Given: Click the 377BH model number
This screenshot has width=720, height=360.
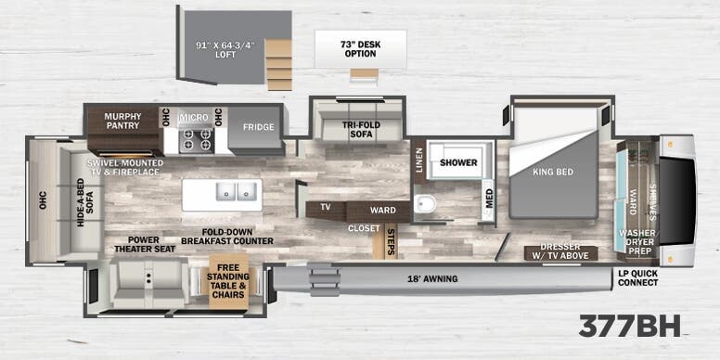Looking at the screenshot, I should point(629,326).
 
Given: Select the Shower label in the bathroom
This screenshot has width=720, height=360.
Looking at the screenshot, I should point(458,162).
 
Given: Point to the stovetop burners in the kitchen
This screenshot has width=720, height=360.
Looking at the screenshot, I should point(196,139).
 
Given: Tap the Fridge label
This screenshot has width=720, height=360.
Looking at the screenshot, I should point(258,127).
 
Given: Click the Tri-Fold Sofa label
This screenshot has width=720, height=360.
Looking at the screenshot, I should point(356,133).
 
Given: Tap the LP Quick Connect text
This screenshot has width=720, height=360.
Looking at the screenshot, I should point(638,277).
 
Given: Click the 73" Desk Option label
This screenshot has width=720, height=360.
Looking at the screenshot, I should point(360,48).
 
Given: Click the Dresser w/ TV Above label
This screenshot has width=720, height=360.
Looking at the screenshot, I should point(561,253).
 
